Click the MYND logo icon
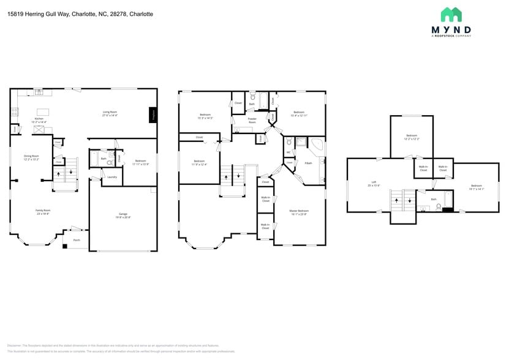[451, 15]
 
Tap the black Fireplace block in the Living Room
[153, 114]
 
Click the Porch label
[77, 240]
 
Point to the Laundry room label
[111, 177]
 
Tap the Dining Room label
[31, 157]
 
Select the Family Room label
[42, 211]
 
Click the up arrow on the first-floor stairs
[59, 173]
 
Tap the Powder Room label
[252, 121]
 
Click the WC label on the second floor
[288, 152]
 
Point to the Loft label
[374, 183]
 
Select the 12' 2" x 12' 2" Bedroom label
[412, 137]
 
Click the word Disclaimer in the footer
[15, 345]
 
